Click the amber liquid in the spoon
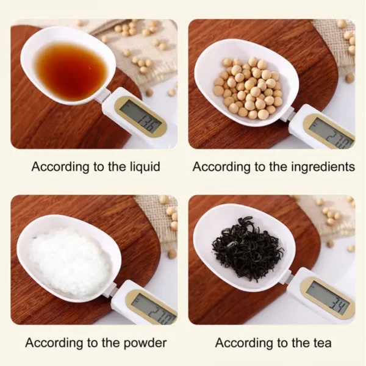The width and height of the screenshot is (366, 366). [x=63, y=70]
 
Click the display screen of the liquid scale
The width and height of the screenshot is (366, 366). [x=141, y=115]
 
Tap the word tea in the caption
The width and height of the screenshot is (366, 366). [x=320, y=343]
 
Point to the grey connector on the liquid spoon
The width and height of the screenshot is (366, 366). [x=103, y=95]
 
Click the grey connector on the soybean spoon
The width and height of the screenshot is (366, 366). [x=287, y=114]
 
